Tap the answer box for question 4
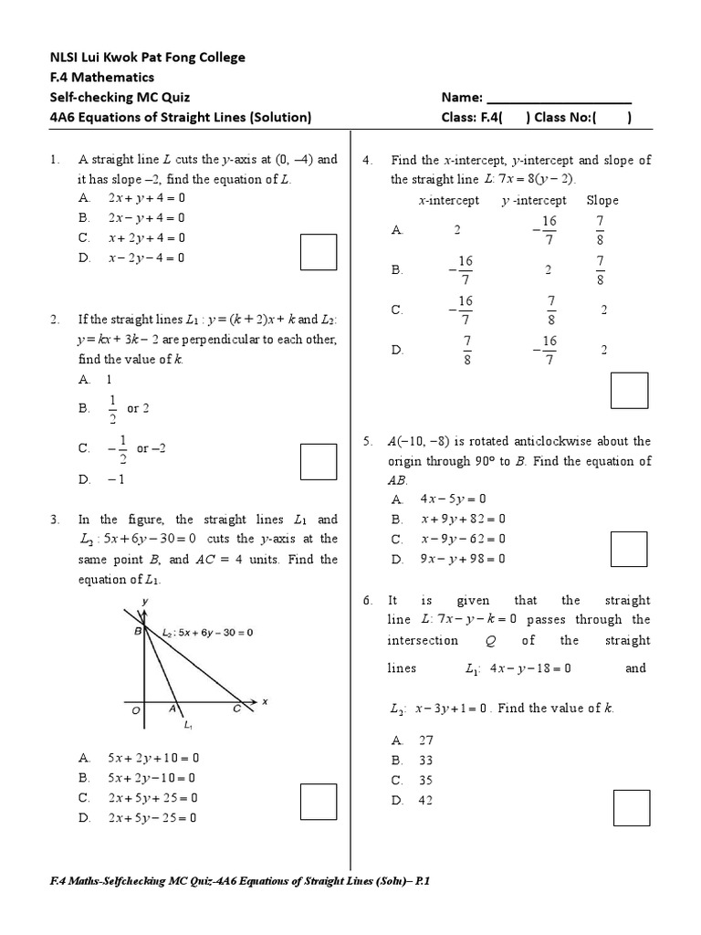click(x=630, y=390)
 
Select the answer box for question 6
click(x=632, y=808)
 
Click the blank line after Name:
click(x=559, y=98)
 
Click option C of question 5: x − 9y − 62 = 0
click(x=448, y=540)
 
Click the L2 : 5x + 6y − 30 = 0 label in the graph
click(x=207, y=632)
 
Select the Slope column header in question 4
click(x=602, y=200)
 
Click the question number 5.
click(x=367, y=441)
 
